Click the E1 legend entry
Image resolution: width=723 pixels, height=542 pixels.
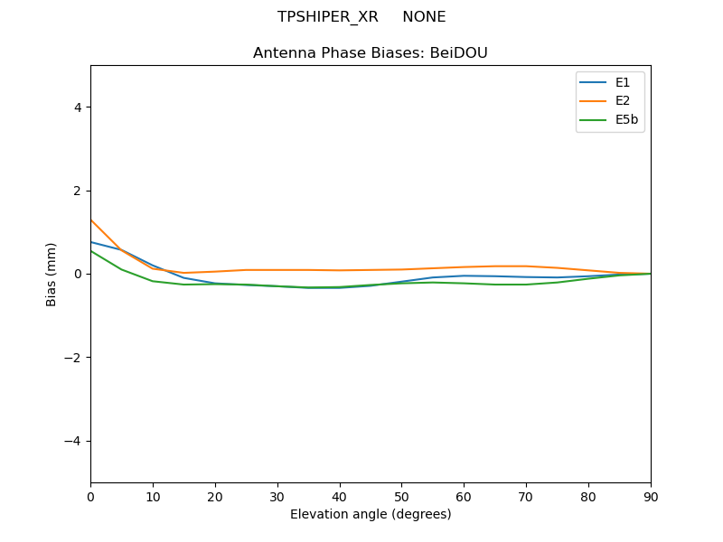[x=623, y=82]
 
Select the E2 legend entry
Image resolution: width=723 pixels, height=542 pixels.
[x=623, y=100]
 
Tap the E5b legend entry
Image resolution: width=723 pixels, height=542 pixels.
[x=626, y=118]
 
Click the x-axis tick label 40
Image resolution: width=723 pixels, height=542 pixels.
[x=339, y=496]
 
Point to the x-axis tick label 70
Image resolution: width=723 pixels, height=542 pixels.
[x=526, y=496]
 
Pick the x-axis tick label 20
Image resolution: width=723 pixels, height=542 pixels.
[x=215, y=496]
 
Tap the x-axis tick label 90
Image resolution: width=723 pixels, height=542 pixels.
[x=650, y=496]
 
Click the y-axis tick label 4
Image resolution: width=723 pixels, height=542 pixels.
[x=77, y=107]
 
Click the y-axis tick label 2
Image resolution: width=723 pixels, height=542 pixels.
[x=77, y=191]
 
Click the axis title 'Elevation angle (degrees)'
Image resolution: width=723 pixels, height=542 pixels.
[x=371, y=514]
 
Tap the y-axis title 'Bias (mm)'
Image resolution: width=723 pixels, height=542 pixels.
[x=52, y=274]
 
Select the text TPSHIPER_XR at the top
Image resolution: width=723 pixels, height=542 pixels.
[x=328, y=17]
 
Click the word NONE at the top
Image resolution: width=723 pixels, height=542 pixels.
[x=424, y=17]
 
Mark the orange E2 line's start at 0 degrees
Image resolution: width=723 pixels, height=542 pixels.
[x=91, y=220]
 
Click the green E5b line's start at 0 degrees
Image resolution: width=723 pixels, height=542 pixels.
[x=91, y=250]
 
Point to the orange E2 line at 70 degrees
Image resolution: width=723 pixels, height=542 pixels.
[x=526, y=266]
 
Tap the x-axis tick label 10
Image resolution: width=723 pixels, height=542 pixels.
[x=153, y=496]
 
